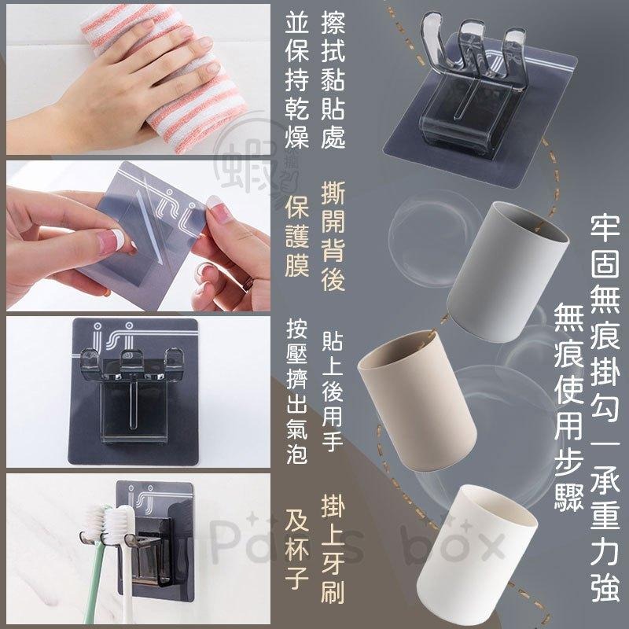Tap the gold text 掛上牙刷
[333, 554]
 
